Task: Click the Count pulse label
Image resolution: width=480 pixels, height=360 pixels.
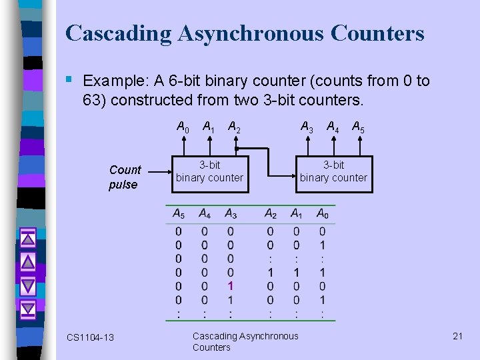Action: [125, 177]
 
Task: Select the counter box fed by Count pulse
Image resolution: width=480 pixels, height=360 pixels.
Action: [210, 172]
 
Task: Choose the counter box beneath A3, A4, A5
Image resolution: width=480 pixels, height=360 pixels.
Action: [333, 172]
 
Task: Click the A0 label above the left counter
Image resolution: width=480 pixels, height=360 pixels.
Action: [182, 126]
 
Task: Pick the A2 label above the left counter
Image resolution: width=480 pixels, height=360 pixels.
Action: [234, 126]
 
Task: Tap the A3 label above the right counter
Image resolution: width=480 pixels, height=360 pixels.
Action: [307, 126]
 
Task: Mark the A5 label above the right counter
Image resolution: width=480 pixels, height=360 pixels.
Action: [357, 126]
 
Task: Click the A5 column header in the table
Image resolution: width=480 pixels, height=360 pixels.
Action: [178, 214]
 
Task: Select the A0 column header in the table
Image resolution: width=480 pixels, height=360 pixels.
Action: [323, 214]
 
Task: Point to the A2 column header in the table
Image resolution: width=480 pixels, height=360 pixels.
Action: [270, 214]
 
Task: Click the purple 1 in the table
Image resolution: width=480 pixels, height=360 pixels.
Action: [231, 285]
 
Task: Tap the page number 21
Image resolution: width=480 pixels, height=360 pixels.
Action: [457, 336]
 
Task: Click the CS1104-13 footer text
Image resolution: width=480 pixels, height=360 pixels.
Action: [90, 337]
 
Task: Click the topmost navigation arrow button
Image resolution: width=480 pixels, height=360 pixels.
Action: [27, 237]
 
